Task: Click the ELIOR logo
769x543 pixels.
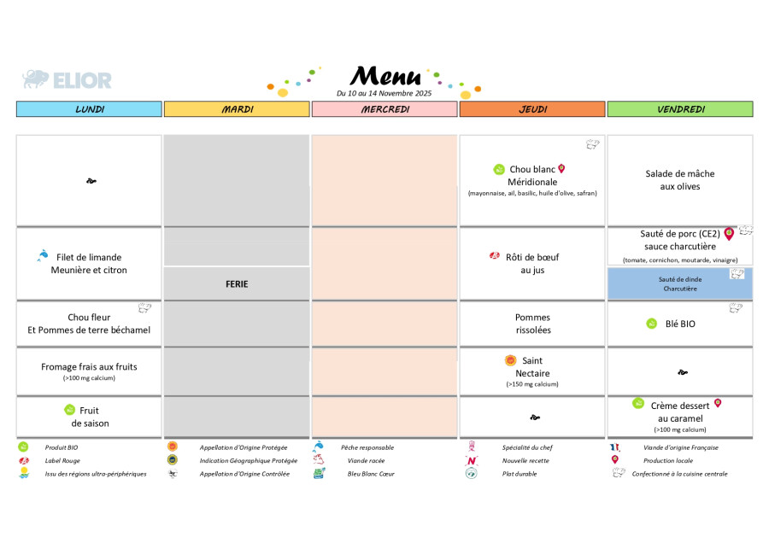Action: pyautogui.click(x=67, y=80)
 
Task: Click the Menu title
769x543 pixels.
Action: pyautogui.click(x=385, y=76)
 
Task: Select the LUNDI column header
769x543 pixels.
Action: pyautogui.click(x=89, y=109)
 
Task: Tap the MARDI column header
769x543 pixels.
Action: pyautogui.click(x=237, y=109)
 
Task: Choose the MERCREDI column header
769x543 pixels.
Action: pyautogui.click(x=384, y=109)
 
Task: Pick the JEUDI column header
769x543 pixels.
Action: pyautogui.click(x=532, y=109)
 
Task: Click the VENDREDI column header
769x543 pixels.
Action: pyautogui.click(x=680, y=109)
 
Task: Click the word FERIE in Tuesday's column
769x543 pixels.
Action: pyautogui.click(x=237, y=283)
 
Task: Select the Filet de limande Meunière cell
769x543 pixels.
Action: pyautogui.click(x=89, y=264)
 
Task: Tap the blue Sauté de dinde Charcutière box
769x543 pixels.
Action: pyautogui.click(x=680, y=283)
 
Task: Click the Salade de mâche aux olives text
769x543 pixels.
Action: pyautogui.click(x=680, y=180)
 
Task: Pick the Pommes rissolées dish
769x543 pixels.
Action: pyautogui.click(x=532, y=324)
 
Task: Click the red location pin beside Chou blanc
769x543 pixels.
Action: pyautogui.click(x=561, y=169)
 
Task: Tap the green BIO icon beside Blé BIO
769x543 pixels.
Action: pyautogui.click(x=651, y=324)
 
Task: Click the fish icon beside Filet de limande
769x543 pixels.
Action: pyautogui.click(x=43, y=255)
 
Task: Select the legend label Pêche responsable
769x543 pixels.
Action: pyautogui.click(x=367, y=447)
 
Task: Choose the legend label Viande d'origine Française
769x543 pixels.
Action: pyautogui.click(x=680, y=447)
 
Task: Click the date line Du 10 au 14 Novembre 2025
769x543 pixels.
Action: pyautogui.click(x=384, y=93)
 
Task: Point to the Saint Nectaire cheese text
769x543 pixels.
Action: pyautogui.click(x=532, y=367)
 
